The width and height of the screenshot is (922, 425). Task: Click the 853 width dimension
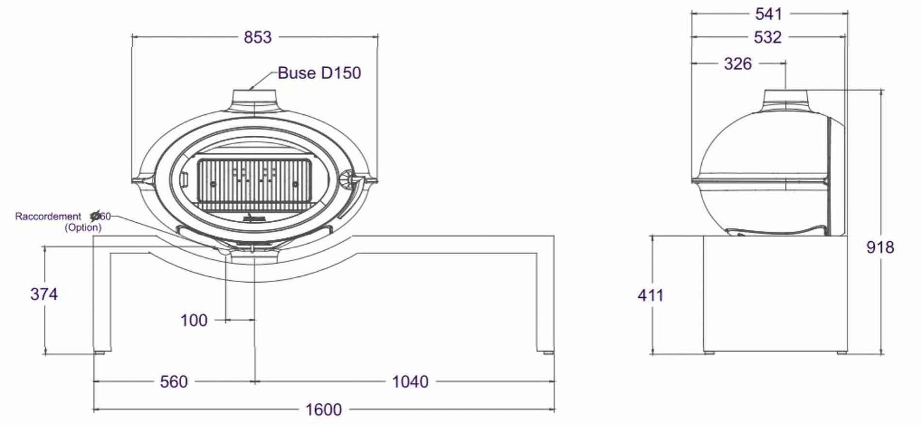tap(257, 38)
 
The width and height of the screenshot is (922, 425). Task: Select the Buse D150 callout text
tap(319, 73)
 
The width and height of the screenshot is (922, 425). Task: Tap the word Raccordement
tap(48, 217)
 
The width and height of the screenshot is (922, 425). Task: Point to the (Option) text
tap(83, 227)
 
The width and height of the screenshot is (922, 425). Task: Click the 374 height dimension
tap(44, 294)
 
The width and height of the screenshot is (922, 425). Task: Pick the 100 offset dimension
tap(194, 320)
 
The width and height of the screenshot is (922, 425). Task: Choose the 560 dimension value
tap(174, 382)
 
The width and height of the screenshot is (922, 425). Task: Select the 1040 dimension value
tap(410, 382)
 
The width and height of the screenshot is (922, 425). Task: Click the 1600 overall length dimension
tap(324, 409)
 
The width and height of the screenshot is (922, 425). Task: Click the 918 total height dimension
tap(881, 248)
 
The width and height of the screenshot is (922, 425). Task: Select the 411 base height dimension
tap(650, 295)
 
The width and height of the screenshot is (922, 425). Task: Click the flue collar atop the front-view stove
tap(255, 97)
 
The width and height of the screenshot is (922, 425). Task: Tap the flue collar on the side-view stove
tap(785, 97)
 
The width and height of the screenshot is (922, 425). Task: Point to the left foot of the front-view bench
tap(100, 350)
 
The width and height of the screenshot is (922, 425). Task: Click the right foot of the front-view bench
tap(547, 350)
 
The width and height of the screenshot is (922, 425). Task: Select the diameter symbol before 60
tap(96, 217)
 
